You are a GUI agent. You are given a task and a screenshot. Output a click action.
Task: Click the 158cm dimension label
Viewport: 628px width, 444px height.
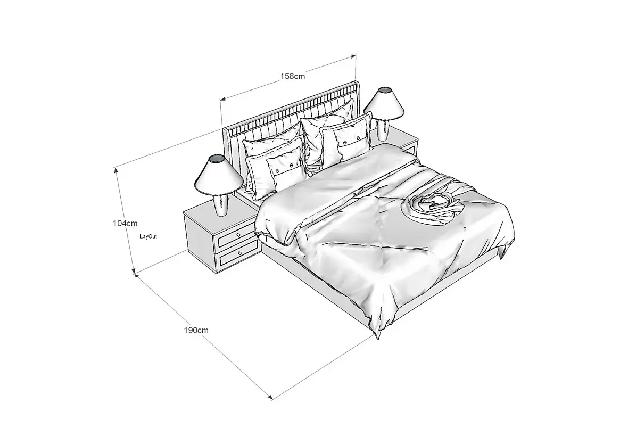click(x=293, y=76)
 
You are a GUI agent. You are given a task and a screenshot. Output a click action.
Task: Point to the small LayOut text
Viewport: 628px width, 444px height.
click(x=148, y=235)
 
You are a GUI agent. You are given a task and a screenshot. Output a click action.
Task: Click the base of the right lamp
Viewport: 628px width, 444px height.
click(x=384, y=130)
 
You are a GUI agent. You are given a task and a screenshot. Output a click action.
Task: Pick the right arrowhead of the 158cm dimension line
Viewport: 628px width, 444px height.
click(x=353, y=55)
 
